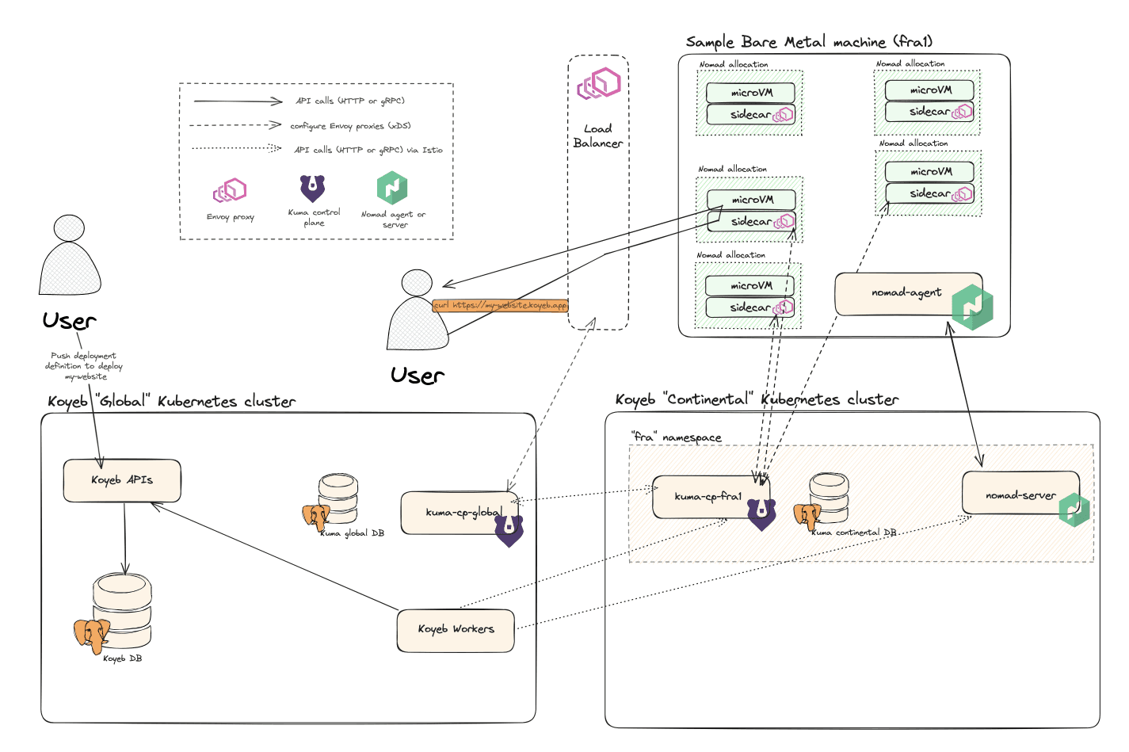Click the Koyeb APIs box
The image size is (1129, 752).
pyautogui.click(x=122, y=480)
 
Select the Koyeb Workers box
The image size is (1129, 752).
pyautogui.click(x=456, y=629)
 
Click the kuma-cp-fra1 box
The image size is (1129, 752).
pyautogui.click(x=708, y=497)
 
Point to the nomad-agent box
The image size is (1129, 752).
pyautogui.click(x=906, y=293)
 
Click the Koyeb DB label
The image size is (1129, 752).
pyautogui.click(x=123, y=658)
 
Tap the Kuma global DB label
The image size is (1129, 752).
pyautogui.click(x=352, y=533)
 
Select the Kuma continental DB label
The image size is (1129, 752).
pyautogui.click(x=854, y=533)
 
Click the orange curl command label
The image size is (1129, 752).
pyautogui.click(x=501, y=305)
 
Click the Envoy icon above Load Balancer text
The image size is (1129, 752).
pyautogui.click(x=598, y=83)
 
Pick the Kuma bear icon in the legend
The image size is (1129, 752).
pyautogui.click(x=312, y=188)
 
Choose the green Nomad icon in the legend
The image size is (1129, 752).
pyautogui.click(x=392, y=188)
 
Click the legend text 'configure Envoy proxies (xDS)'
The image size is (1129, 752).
pyautogui.click(x=350, y=125)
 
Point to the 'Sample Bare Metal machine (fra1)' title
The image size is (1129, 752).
pyautogui.click(x=809, y=42)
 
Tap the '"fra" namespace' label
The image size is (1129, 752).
pyautogui.click(x=676, y=437)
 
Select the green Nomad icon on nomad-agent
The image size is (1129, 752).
pyautogui.click(x=972, y=307)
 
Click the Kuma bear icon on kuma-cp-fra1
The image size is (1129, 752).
pyautogui.click(x=761, y=513)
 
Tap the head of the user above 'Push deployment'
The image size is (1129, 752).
pyautogui.click(x=69, y=227)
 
